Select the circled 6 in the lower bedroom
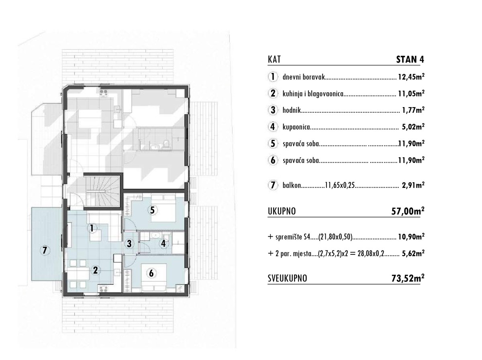click(x=151, y=273)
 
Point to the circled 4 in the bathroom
click(x=163, y=243)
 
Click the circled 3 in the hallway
click(x=129, y=243)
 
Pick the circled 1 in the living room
click(x=92, y=228)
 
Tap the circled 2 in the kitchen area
click(x=95, y=270)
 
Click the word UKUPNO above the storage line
click(x=282, y=211)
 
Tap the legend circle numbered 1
click(x=273, y=76)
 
